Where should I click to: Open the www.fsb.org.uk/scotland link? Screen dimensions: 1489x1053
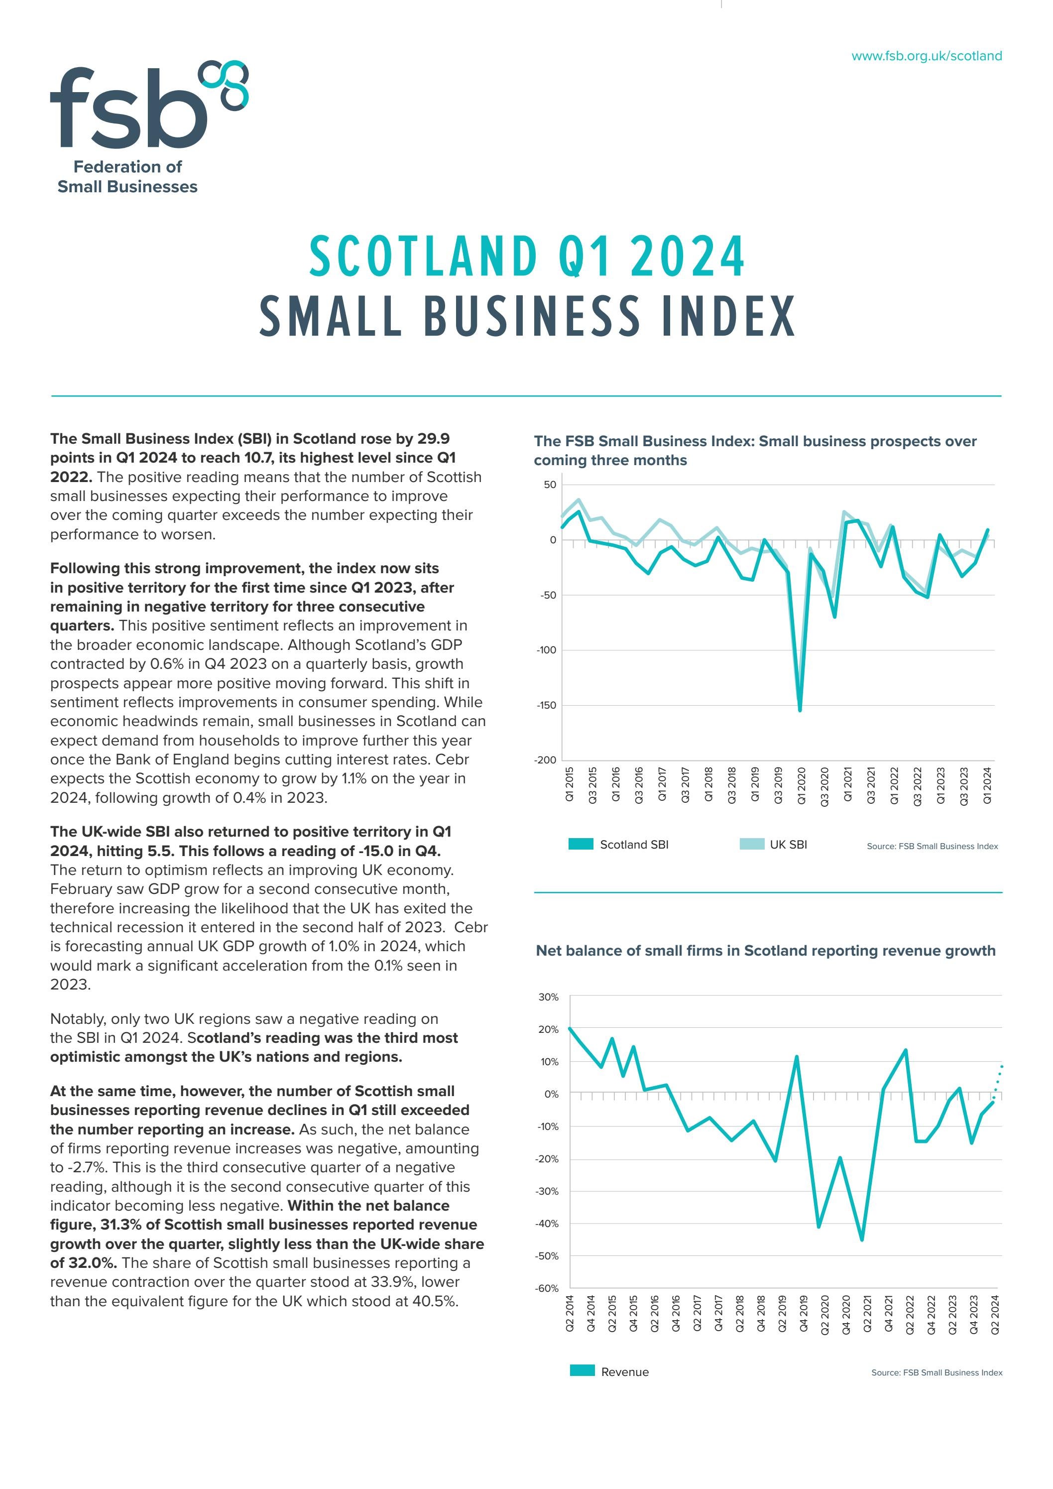point(926,56)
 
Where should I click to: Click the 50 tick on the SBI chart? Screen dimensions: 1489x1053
point(550,485)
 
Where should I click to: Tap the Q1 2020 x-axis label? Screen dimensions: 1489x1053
point(802,785)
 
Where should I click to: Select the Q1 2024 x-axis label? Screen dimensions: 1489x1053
point(987,785)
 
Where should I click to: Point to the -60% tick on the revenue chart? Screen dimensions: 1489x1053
point(547,1288)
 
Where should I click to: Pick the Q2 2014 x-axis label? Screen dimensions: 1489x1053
point(569,1313)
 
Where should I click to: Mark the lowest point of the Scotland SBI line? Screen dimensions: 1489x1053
point(800,710)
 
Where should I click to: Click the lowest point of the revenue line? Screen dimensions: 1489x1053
point(862,1240)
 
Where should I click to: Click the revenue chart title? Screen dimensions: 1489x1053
point(765,951)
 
